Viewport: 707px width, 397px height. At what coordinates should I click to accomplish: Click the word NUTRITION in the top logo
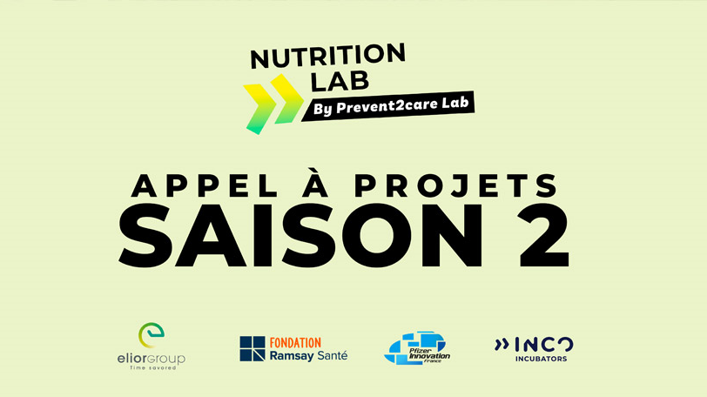pyautogui.click(x=327, y=56)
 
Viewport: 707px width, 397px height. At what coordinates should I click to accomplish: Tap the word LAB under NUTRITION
pyautogui.click(x=340, y=82)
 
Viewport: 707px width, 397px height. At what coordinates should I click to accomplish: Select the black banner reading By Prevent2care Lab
pyautogui.click(x=388, y=106)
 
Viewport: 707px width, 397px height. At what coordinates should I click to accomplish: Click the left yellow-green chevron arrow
pyautogui.click(x=259, y=109)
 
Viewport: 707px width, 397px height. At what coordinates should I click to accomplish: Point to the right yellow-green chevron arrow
pyautogui.click(x=287, y=98)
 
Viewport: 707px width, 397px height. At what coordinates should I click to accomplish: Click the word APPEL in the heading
pyautogui.click(x=205, y=185)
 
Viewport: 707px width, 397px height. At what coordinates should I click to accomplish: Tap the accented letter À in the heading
pyautogui.click(x=315, y=182)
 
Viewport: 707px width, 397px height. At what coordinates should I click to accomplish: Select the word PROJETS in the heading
pyautogui.click(x=456, y=185)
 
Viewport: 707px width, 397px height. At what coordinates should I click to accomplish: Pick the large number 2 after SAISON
pyautogui.click(x=543, y=235)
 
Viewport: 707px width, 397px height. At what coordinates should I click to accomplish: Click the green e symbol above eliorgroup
pyautogui.click(x=151, y=335)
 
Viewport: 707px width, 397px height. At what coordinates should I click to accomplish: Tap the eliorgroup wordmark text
pyautogui.click(x=151, y=359)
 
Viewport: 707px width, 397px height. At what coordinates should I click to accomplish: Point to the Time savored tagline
pyautogui.click(x=152, y=367)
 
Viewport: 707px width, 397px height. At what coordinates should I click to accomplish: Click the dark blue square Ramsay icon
pyautogui.click(x=252, y=348)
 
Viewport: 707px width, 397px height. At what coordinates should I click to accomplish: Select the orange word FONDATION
pyautogui.click(x=295, y=343)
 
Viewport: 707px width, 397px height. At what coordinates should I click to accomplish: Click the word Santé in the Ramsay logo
pyautogui.click(x=333, y=355)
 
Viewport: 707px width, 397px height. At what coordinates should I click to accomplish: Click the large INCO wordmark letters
pyautogui.click(x=544, y=345)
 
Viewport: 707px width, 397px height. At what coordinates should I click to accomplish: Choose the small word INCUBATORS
pyautogui.click(x=541, y=359)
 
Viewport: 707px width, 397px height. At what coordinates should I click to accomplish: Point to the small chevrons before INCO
pyautogui.click(x=502, y=345)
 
